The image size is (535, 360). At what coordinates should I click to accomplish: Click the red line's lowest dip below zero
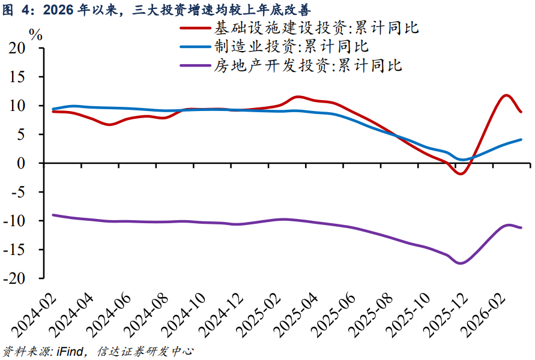click(461, 173)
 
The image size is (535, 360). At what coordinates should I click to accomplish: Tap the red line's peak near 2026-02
click(506, 95)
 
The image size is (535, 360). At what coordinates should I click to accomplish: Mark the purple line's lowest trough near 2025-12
click(461, 263)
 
